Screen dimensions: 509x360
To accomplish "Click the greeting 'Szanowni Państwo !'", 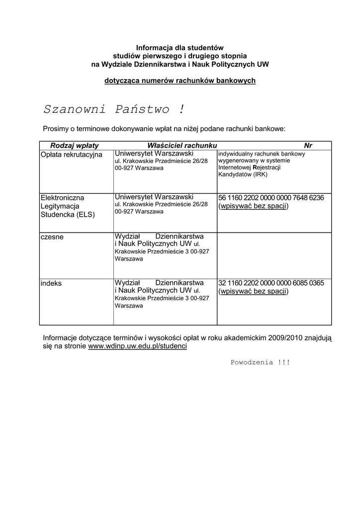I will click(x=114, y=109).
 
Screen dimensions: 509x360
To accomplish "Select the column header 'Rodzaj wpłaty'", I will click(x=75, y=145).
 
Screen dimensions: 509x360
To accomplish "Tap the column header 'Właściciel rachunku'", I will click(x=182, y=145).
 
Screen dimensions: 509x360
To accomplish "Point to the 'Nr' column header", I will click(x=308, y=145).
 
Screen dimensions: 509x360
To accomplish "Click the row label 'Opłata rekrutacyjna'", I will click(x=71, y=155).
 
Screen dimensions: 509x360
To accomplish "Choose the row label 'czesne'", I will click(x=52, y=237).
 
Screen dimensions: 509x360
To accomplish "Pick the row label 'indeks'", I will click(x=51, y=283).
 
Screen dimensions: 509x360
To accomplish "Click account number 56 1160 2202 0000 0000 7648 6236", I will click(x=271, y=198).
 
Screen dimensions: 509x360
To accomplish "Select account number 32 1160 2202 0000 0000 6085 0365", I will click(x=271, y=283).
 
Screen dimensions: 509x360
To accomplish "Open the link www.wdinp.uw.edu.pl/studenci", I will click(x=137, y=346).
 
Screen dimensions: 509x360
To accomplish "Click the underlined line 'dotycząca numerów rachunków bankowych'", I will click(x=180, y=81).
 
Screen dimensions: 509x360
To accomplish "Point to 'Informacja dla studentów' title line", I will click(x=180, y=47).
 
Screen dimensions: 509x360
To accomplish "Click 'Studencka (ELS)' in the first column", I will click(x=68, y=215).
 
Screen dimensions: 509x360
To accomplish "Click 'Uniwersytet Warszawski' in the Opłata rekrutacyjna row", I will click(x=154, y=154).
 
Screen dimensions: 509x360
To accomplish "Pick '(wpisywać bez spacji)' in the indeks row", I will click(x=254, y=291).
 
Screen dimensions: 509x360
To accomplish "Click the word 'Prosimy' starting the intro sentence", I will click(x=57, y=129).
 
